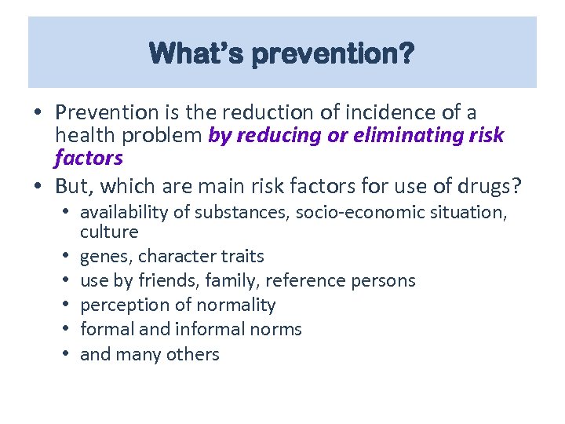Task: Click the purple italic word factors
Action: tap(89, 158)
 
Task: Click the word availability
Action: tap(118, 212)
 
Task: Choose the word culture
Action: tap(109, 232)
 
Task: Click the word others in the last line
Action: tap(193, 354)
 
